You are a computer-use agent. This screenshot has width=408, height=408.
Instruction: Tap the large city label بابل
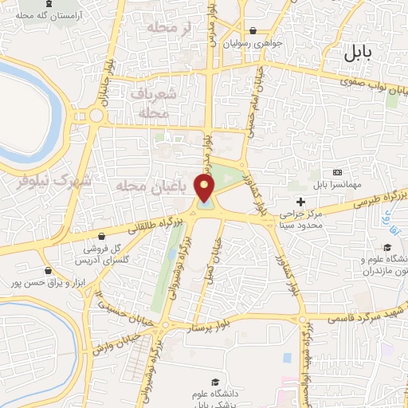click(x=363, y=54)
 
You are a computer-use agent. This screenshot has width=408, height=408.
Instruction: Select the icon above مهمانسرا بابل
click(x=338, y=172)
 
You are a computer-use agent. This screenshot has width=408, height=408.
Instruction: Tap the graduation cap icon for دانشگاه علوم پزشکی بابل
click(x=213, y=382)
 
